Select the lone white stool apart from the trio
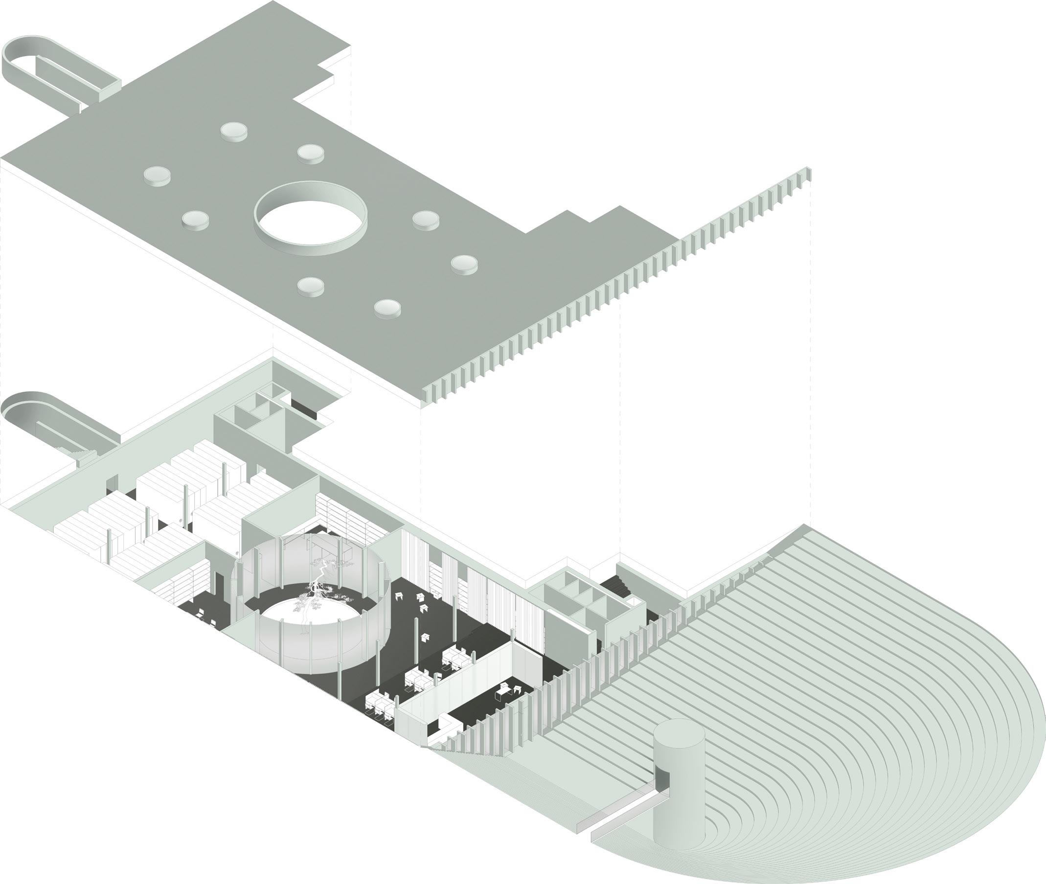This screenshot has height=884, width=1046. tap(426, 637)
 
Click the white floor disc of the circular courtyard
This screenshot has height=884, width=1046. tap(301, 614)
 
